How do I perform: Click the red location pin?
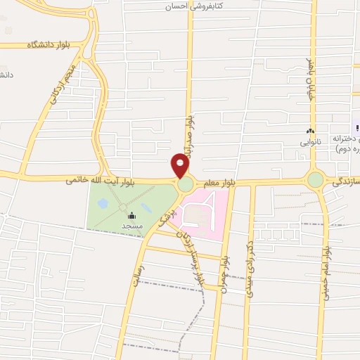click(x=180, y=166)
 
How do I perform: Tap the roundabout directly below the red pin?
click(x=186, y=185)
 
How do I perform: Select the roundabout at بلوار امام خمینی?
click(x=315, y=180)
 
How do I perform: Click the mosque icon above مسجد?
click(x=131, y=216)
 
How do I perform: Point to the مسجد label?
click(x=131, y=226)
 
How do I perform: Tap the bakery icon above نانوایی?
click(x=309, y=131)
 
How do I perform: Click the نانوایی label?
click(x=309, y=142)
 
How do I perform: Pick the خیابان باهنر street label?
click(x=308, y=79)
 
